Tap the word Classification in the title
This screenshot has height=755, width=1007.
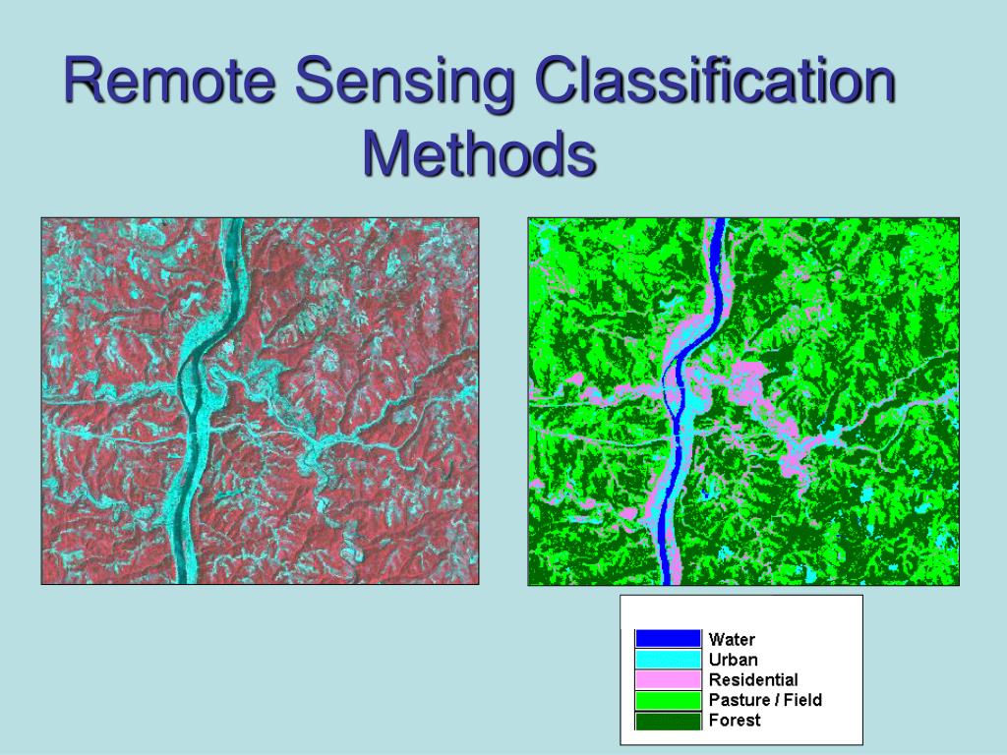[x=716, y=83]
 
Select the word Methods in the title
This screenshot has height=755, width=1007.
[x=479, y=153]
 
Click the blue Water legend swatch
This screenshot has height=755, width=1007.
[x=668, y=639]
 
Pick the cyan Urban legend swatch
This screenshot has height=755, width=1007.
[x=668, y=659]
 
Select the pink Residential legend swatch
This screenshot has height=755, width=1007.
[x=668, y=679]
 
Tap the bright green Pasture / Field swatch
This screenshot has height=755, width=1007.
[x=668, y=700]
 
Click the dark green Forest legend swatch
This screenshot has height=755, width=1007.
[x=668, y=721]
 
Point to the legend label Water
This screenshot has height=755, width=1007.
[x=732, y=640]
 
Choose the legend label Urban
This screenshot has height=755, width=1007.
[x=734, y=660]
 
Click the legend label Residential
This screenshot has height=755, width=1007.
[x=753, y=679]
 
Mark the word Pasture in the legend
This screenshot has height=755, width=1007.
[x=738, y=700]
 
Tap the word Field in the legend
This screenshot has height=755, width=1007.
[x=802, y=700]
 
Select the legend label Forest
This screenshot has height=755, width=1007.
[x=735, y=721]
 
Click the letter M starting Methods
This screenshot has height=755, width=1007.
[x=383, y=153]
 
